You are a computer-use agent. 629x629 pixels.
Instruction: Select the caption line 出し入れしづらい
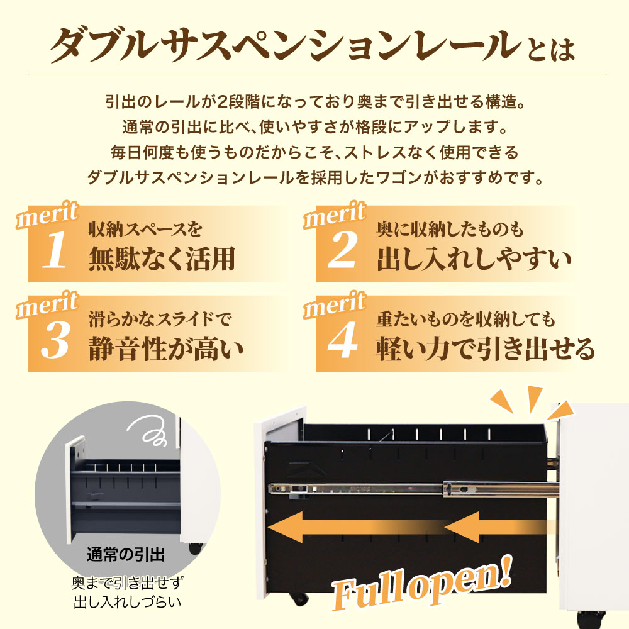click(x=125, y=603)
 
